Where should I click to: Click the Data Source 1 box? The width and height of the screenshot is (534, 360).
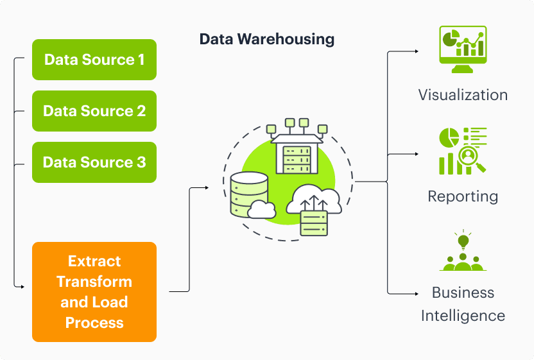click(x=94, y=60)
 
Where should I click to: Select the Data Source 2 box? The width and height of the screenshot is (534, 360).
click(x=94, y=111)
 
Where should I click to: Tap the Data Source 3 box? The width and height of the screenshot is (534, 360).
click(x=94, y=162)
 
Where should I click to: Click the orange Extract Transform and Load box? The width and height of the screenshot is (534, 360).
click(x=94, y=291)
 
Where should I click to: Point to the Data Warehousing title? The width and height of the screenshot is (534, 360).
click(x=266, y=39)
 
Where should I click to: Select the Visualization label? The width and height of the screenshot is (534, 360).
click(x=463, y=95)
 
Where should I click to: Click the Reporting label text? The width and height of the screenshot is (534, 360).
click(x=463, y=196)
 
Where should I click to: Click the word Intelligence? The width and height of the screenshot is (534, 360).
click(x=463, y=316)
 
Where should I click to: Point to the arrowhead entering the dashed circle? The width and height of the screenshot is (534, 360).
click(x=206, y=187)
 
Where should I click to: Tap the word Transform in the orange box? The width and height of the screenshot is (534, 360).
click(x=94, y=282)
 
